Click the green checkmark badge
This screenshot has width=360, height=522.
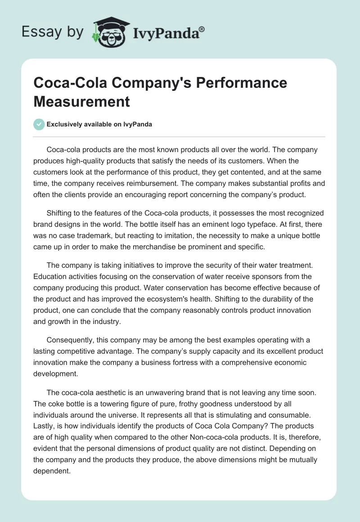[x=39, y=124]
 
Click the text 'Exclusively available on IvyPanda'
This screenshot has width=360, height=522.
[x=99, y=124]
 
